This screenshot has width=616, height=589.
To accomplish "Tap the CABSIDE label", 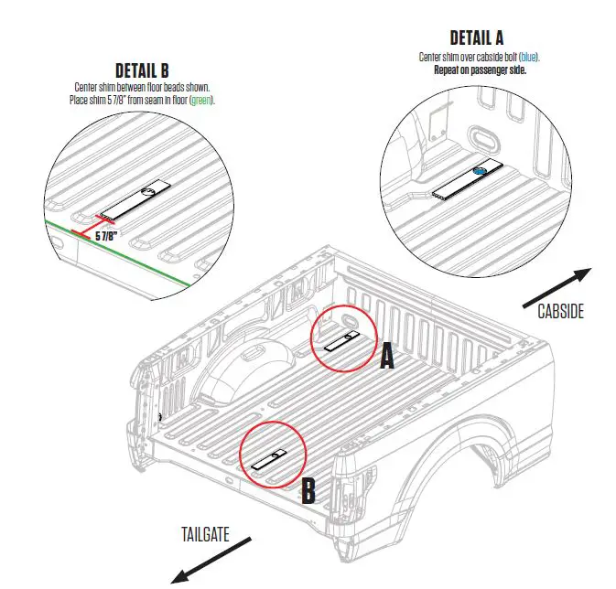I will click(x=560, y=311).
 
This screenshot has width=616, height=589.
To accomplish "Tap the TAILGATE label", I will click(x=204, y=533).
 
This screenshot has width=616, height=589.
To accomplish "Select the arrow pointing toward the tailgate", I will click(x=210, y=560).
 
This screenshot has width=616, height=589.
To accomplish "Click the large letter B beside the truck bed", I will click(x=308, y=492).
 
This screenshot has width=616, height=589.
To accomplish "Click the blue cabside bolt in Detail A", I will click(x=478, y=171).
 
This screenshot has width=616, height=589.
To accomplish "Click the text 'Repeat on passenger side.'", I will click(x=487, y=69).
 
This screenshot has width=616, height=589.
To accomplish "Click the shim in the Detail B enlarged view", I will click(x=135, y=200).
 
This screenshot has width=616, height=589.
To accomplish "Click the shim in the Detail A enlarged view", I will click(x=467, y=179).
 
